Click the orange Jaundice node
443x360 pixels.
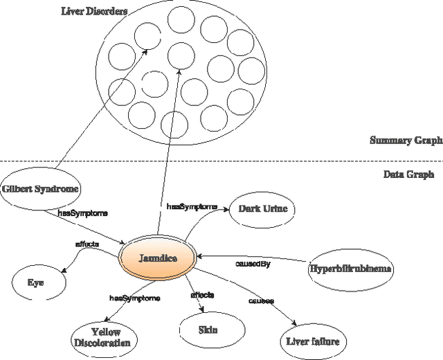click(x=158, y=258)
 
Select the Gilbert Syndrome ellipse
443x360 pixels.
click(x=39, y=188)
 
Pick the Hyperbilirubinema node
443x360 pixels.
click(x=350, y=269)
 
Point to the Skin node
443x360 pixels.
click(x=208, y=330)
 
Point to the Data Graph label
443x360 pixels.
click(x=408, y=174)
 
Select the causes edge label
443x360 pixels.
click(x=261, y=301)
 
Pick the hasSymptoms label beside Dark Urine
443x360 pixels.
click(x=192, y=206)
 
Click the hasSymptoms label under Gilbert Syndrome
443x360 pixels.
click(x=82, y=214)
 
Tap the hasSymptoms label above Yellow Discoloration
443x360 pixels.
click(x=135, y=298)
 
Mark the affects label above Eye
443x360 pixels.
click(x=87, y=244)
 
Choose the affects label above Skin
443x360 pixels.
click(x=202, y=295)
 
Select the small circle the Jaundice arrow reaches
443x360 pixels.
click(x=181, y=55)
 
